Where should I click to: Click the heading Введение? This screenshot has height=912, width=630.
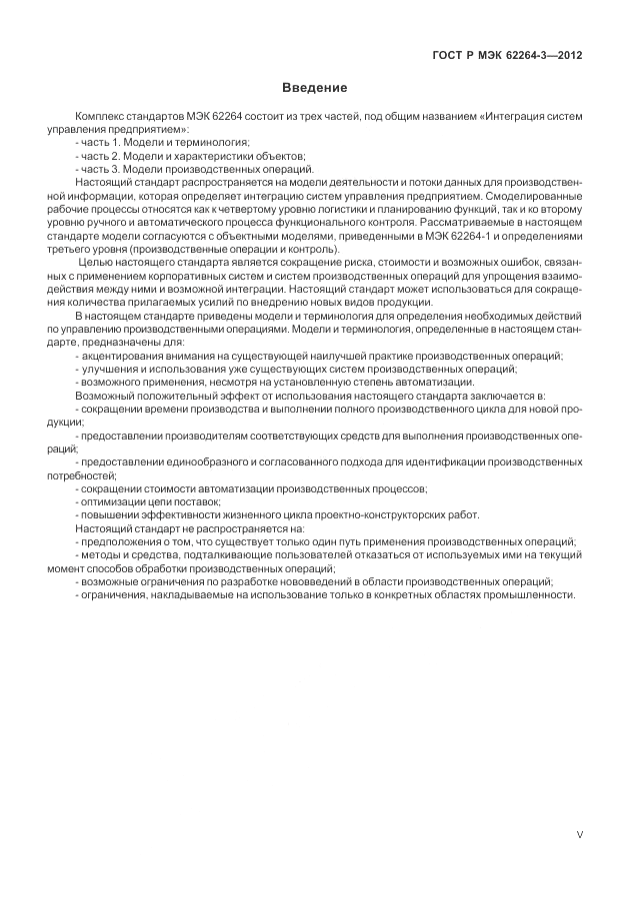pyautogui.click(x=314, y=89)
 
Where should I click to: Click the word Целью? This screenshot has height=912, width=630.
pyautogui.click(x=96, y=263)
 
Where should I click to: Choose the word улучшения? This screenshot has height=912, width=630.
pyautogui.click(x=111, y=370)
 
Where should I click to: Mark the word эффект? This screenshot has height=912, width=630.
pyautogui.click(x=225, y=396)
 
